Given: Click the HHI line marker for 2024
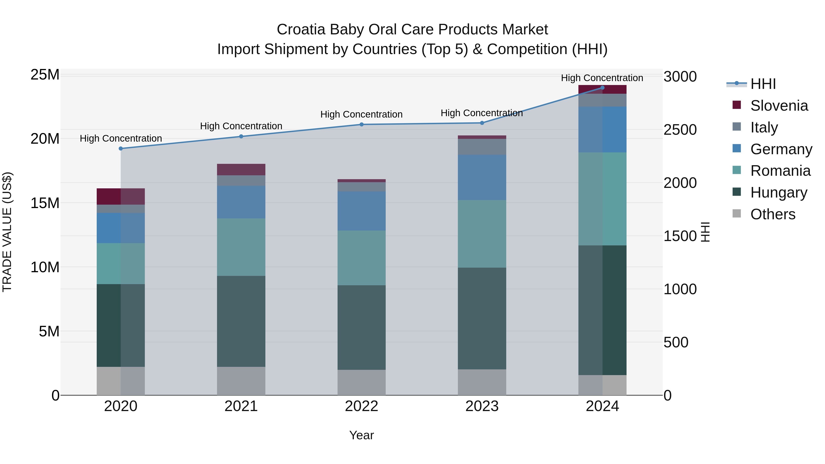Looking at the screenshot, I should pyautogui.click(x=602, y=88).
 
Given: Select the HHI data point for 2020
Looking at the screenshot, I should pyautogui.click(x=121, y=148).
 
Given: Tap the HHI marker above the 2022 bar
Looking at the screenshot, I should pyautogui.click(x=362, y=125).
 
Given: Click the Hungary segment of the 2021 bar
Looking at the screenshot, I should pyautogui.click(x=241, y=321).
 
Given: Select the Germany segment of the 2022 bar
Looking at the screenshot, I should pyautogui.click(x=362, y=211).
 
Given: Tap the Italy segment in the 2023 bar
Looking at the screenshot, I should pyautogui.click(x=482, y=147).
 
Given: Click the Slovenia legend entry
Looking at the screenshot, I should pyautogui.click(x=779, y=106).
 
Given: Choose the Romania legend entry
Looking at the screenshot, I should pyautogui.click(x=780, y=171).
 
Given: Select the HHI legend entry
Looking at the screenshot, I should pyautogui.click(x=763, y=84).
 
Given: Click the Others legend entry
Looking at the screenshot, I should pyautogui.click(x=773, y=214).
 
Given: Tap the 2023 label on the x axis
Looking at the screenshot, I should pyautogui.click(x=482, y=406).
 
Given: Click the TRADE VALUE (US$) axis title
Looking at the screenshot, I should pyautogui.click(x=7, y=232).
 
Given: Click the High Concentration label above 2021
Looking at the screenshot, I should pyautogui.click(x=241, y=126).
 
